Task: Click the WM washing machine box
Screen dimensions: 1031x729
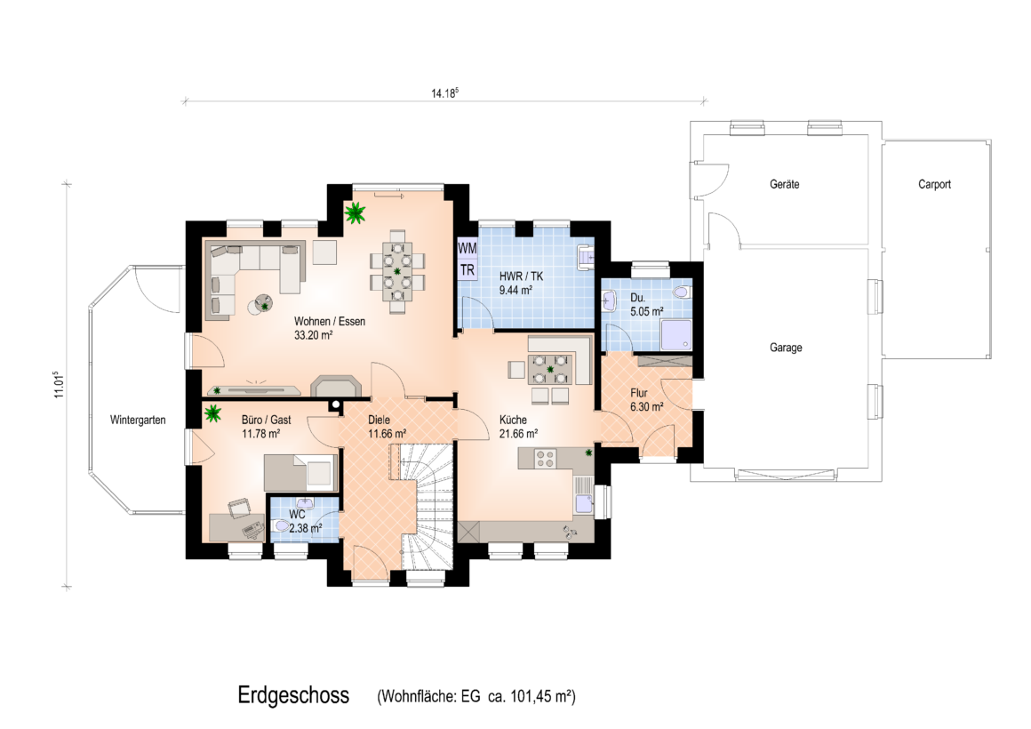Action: [x=467, y=248]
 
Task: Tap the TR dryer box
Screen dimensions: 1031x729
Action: [x=467, y=269]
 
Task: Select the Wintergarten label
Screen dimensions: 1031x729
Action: [x=138, y=420]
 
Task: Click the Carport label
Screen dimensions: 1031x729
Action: [x=934, y=184]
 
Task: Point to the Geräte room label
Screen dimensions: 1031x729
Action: [x=785, y=184]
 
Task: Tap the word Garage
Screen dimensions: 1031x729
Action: [x=786, y=348]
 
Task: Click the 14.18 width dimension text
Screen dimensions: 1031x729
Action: [x=444, y=92]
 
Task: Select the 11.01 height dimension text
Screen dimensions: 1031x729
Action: [x=60, y=385]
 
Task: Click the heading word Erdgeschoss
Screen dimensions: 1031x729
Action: [x=293, y=695]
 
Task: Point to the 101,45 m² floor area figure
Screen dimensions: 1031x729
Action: [x=542, y=696]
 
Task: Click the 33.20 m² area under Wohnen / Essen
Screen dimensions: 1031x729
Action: [x=313, y=335]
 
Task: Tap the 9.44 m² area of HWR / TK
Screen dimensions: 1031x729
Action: [x=515, y=290]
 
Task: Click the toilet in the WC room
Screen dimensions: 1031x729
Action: [x=282, y=525]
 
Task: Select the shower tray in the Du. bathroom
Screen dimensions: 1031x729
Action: [x=676, y=335]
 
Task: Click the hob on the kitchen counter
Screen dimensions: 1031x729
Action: [x=545, y=458]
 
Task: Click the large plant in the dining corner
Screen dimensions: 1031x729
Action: [x=355, y=212]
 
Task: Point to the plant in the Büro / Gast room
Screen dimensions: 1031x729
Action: [x=213, y=414]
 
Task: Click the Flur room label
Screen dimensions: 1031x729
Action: [x=638, y=393]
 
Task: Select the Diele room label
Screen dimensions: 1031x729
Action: [x=379, y=420]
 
